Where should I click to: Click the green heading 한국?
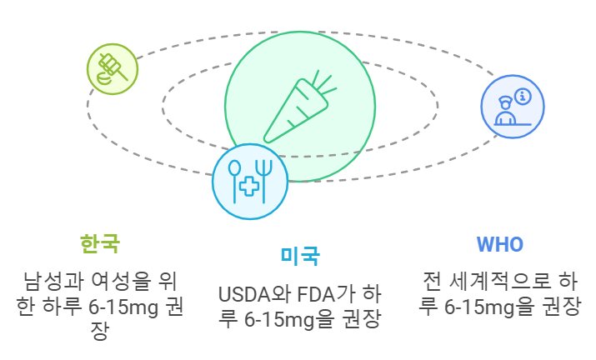coord(100,243)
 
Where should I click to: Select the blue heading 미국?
coord(299,256)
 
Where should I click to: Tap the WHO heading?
coord(499,244)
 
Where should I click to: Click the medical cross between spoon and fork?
coord(248,187)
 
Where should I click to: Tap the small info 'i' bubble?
coord(523,97)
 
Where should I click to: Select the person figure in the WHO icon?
coord(504,111)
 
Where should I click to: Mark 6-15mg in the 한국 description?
coord(132,307)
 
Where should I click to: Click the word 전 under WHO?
coord(433,281)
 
